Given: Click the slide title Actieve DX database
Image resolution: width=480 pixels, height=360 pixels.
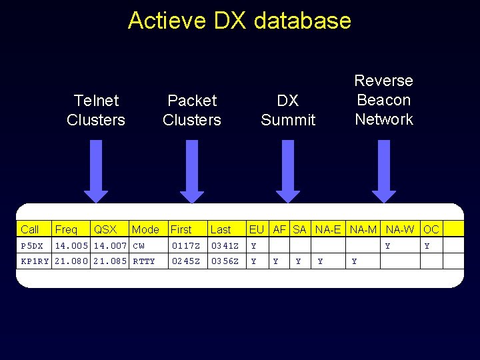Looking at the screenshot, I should coord(239,20).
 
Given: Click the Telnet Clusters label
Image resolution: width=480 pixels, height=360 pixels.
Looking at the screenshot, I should coord(96,110).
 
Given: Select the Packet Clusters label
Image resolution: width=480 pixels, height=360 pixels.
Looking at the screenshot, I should coord(192,110).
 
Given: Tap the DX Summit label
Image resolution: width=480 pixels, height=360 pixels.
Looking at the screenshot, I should coord(288,110).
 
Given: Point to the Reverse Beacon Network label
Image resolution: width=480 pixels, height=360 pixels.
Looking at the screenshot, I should coord(384,100).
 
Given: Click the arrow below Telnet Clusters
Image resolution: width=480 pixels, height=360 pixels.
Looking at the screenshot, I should coord(96,171).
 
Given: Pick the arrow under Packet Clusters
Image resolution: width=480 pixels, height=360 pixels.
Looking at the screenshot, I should coord(192,171).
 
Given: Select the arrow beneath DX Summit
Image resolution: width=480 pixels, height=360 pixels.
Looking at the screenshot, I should coord(288,171).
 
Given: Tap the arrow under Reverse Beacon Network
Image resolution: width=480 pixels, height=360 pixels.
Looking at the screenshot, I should coord(384,171).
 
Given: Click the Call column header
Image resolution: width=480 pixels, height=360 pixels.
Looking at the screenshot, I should coord(30,229).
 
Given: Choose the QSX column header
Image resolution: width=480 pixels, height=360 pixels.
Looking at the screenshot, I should coord(105,229).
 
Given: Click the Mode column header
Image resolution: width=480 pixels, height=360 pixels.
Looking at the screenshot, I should coord(145,229).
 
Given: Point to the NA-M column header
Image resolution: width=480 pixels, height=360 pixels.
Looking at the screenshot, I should coord(363,229).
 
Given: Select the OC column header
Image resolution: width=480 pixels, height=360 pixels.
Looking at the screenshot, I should coord(431,229).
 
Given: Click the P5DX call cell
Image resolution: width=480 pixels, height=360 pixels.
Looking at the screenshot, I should coord(32,246).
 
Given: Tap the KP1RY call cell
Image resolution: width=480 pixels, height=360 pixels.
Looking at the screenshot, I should coord(35,261).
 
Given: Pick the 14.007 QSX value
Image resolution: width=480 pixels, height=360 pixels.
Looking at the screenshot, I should coord(110,246).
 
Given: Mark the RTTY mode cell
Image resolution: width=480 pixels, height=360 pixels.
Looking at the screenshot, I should coord(144,261).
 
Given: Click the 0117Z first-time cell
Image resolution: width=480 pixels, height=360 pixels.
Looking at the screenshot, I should coord(185,246).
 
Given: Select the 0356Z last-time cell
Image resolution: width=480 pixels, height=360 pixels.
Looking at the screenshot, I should coord(225,261).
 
